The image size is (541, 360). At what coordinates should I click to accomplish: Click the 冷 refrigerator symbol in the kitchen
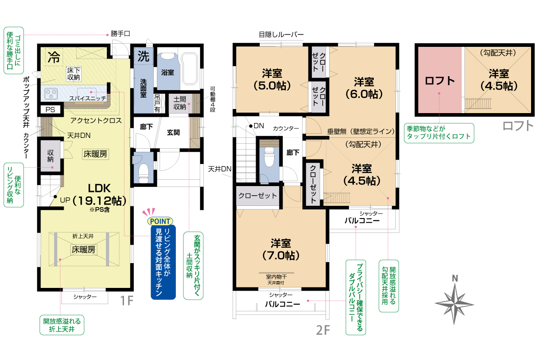[x=54, y=58]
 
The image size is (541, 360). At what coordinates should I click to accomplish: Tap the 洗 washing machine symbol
[x=143, y=56]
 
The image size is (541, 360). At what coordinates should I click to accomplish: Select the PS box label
[x=50, y=109]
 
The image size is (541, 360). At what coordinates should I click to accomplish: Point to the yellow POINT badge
[x=160, y=221]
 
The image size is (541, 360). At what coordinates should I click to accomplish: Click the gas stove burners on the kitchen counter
[x=51, y=93]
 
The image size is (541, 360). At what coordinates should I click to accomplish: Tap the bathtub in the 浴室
[x=190, y=69]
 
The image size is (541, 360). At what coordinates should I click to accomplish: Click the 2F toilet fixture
[x=269, y=156]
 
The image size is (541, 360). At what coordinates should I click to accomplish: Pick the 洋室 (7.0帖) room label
[x=280, y=249]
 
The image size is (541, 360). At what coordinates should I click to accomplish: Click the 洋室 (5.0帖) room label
[x=272, y=79]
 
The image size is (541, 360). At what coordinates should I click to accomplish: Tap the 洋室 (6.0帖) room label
[x=364, y=88]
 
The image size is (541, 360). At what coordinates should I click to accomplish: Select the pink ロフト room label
[x=439, y=81]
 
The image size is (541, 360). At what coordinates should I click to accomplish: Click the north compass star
[x=454, y=304]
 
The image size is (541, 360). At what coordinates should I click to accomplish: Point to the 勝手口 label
[x=120, y=33]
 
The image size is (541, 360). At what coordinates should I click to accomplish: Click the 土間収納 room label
[x=180, y=103]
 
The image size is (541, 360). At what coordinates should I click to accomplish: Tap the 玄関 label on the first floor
[x=173, y=132]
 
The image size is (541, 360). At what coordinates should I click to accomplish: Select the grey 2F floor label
[x=323, y=330]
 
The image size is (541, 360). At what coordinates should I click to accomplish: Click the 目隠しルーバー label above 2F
[x=281, y=35]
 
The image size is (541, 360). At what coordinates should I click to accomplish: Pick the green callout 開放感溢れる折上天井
[x=62, y=325]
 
